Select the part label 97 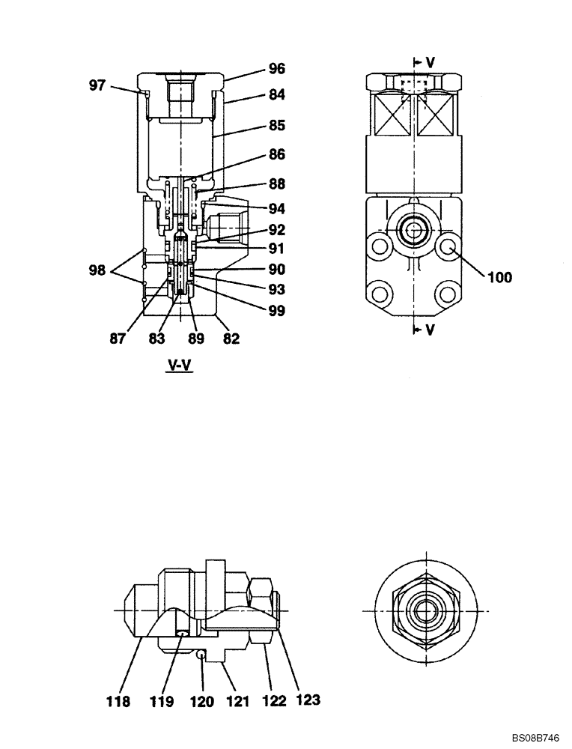97,85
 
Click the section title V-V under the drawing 177,366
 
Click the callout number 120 202,702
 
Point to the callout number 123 308,700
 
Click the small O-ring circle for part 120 201,655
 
